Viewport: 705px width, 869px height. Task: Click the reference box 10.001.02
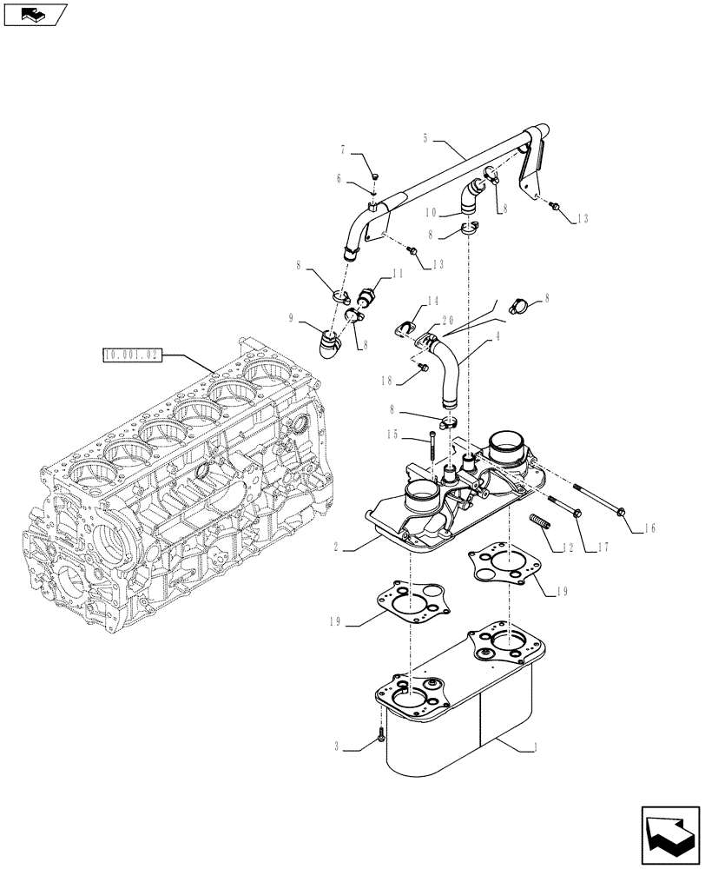(130, 355)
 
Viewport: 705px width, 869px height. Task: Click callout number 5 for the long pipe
(425, 138)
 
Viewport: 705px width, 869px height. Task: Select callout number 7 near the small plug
(343, 151)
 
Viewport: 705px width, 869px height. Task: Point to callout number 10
(431, 212)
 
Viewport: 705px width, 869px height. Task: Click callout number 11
(399, 274)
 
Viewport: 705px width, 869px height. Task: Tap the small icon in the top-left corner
(36, 14)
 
